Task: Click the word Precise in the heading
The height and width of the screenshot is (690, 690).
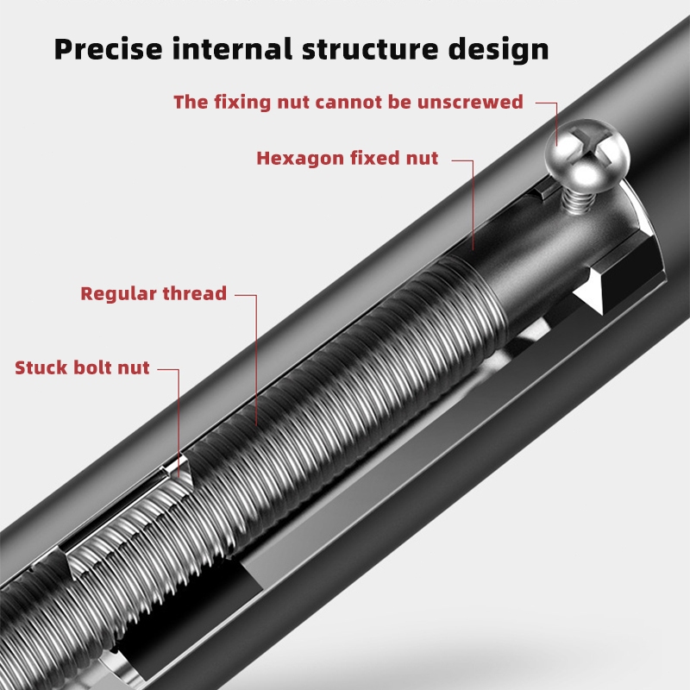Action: [x=109, y=49]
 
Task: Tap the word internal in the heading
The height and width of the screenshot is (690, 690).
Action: [x=232, y=49]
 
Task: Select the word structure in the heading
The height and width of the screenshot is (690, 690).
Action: [x=370, y=50]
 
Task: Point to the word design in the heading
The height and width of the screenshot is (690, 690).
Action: [x=499, y=49]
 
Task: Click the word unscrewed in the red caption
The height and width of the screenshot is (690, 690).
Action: [x=470, y=102]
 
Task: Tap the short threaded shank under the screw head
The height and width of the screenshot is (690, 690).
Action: [x=576, y=200]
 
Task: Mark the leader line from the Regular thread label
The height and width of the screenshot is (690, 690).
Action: [x=256, y=360]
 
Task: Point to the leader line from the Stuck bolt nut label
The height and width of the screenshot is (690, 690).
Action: [x=179, y=423]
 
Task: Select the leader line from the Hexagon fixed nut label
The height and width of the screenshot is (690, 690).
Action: [x=473, y=205]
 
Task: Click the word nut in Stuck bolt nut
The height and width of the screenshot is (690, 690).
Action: [x=133, y=369]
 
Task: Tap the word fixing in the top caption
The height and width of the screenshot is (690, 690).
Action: [x=243, y=103]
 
